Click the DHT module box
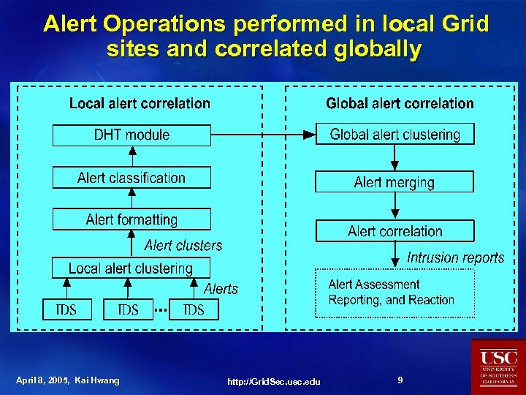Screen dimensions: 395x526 pyautogui.click(x=131, y=135)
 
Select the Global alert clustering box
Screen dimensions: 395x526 pyautogui.click(x=394, y=135)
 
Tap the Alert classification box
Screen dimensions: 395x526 pyautogui.click(x=131, y=178)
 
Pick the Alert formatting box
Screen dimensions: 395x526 pyautogui.click(x=131, y=219)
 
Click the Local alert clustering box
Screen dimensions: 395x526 pyautogui.click(x=131, y=268)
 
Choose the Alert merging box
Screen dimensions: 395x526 pyautogui.click(x=394, y=182)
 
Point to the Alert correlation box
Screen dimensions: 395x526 pyautogui.click(x=394, y=231)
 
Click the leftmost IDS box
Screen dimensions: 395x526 pyautogui.click(x=66, y=310)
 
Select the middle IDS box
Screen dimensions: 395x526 pyautogui.click(x=128, y=310)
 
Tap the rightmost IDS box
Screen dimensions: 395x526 pyautogui.click(x=193, y=310)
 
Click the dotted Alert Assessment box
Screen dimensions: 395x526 pyautogui.click(x=394, y=293)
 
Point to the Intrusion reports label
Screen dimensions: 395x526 pyautogui.click(x=455, y=257)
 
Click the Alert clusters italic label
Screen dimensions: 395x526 pyautogui.click(x=183, y=245)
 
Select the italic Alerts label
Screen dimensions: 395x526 pyautogui.click(x=221, y=289)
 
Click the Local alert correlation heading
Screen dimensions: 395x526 pyautogui.click(x=140, y=104)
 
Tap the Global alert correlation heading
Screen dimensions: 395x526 pyautogui.click(x=400, y=104)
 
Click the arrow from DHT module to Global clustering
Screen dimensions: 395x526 pyautogui.click(x=263, y=135)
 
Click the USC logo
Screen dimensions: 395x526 pyautogui.click(x=498, y=366)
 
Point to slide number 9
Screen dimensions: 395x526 pyautogui.click(x=400, y=380)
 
